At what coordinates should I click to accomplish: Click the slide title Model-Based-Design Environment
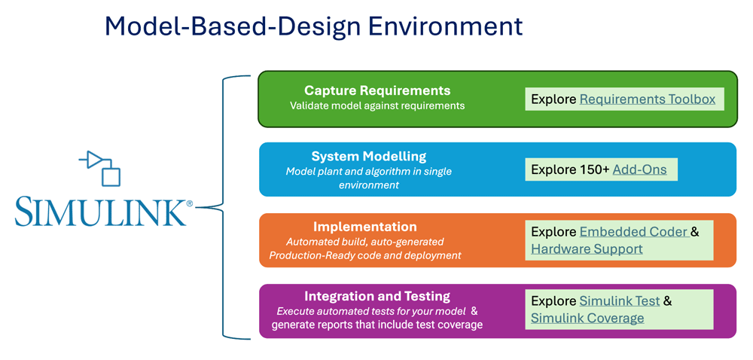point(313,26)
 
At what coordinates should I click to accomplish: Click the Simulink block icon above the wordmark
point(100,168)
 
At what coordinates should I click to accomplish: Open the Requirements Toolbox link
point(647,99)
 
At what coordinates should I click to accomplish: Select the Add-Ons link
point(639,169)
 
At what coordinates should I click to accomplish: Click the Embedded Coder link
point(633,231)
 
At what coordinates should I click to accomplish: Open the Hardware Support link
point(587,249)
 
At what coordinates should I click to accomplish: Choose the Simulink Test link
point(619,301)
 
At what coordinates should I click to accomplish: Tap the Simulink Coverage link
point(587,318)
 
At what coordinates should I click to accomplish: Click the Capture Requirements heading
point(377,91)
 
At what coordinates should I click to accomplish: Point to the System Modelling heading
point(368,156)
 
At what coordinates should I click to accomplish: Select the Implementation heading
point(364,226)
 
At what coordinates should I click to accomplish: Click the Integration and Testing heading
point(376,296)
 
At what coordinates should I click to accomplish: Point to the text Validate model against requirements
point(377,106)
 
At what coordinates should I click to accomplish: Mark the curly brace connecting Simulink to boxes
point(223,206)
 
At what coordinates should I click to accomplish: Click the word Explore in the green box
point(553,99)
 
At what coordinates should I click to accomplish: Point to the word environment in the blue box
point(368,185)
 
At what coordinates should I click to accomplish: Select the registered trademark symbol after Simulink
point(189,203)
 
